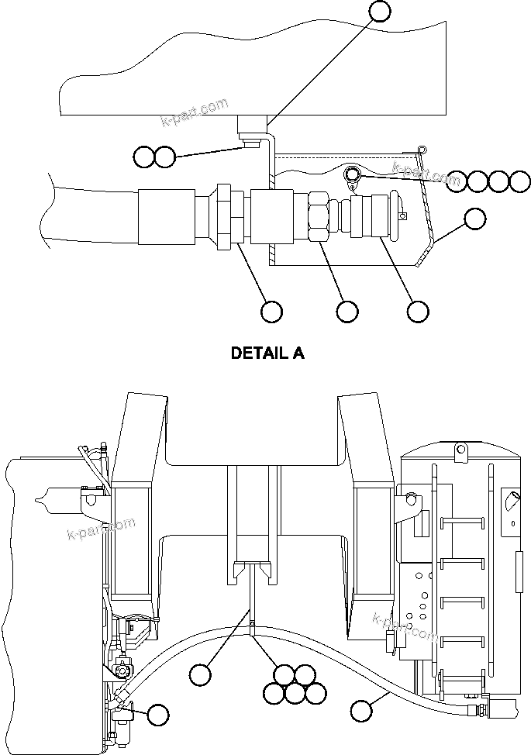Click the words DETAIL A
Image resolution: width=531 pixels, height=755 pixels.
tap(268, 353)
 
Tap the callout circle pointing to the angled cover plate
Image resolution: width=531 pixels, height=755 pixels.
tap(474, 219)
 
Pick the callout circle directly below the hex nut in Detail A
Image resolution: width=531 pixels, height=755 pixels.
tap(347, 311)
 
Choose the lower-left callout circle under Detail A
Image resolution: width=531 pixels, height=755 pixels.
tap(271, 311)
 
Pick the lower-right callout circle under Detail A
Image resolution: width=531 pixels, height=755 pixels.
tap(418, 311)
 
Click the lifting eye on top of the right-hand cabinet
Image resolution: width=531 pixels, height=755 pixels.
tap(459, 447)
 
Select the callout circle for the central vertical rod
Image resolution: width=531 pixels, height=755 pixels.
tap(201, 674)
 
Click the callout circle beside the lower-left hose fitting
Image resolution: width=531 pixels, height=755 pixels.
tap(158, 715)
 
